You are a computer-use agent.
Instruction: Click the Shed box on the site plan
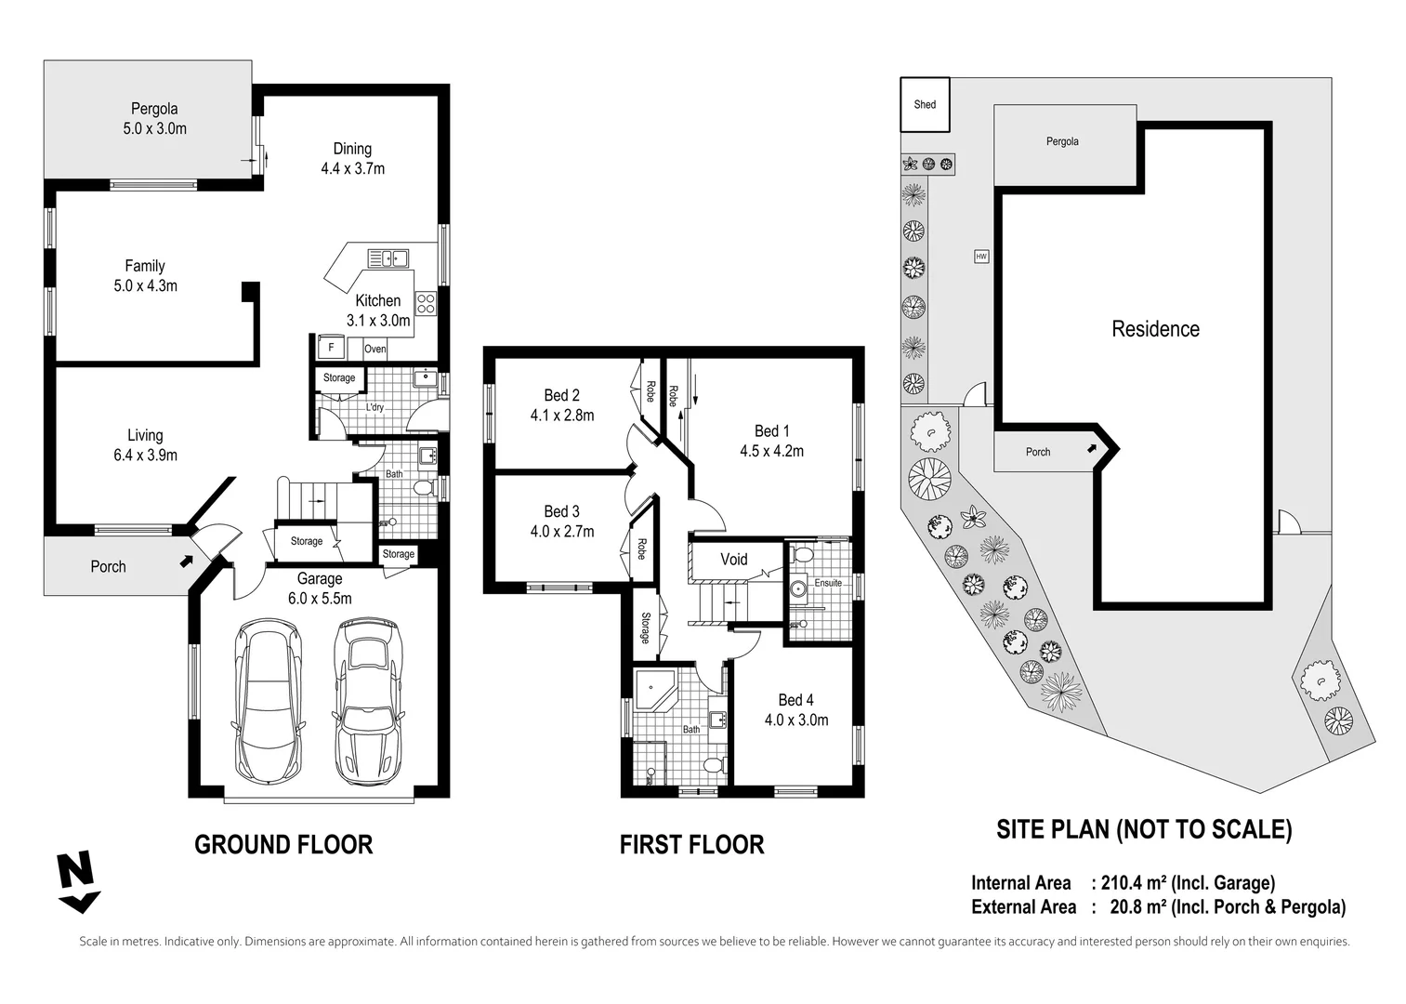tap(924, 104)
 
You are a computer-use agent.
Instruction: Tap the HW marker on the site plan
tap(980, 257)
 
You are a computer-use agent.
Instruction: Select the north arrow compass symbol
tap(76, 881)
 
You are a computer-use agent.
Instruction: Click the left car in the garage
tap(267, 699)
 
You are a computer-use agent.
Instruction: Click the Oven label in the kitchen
tap(374, 350)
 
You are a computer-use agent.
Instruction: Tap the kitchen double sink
tap(388, 258)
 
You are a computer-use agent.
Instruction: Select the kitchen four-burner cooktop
tap(426, 303)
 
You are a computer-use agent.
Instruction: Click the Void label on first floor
tap(733, 559)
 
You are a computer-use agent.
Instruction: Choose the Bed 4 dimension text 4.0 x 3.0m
tap(795, 720)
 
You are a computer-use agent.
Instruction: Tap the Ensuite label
tap(827, 583)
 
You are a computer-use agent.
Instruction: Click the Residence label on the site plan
tap(1155, 329)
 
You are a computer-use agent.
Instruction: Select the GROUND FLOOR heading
tap(283, 844)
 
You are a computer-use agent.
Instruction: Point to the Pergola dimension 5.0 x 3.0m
tap(154, 128)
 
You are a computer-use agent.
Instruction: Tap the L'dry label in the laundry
tap(374, 407)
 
